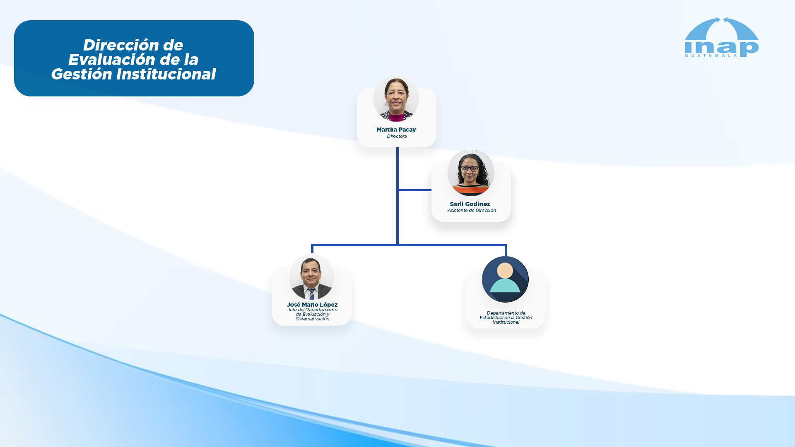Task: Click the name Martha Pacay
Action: [x=396, y=130]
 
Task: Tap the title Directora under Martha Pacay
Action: [x=397, y=136]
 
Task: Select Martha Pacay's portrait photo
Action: [x=396, y=99]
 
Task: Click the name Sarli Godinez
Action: [x=470, y=204]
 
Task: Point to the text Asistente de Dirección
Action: [x=472, y=210]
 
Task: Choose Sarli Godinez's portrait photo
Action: [x=471, y=173]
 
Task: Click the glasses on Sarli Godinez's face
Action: [x=470, y=168]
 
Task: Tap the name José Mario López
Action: [x=312, y=305]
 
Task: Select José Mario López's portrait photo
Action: [x=311, y=277]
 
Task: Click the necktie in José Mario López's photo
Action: [x=311, y=294]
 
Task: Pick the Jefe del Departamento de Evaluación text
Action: [x=313, y=314]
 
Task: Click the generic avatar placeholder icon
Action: [x=505, y=279]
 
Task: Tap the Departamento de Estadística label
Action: [x=506, y=317]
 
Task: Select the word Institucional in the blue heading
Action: [x=166, y=74]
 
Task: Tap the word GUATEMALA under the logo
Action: [x=711, y=55]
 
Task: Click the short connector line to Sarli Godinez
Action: [x=415, y=190]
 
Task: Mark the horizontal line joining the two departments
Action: [x=409, y=245]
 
